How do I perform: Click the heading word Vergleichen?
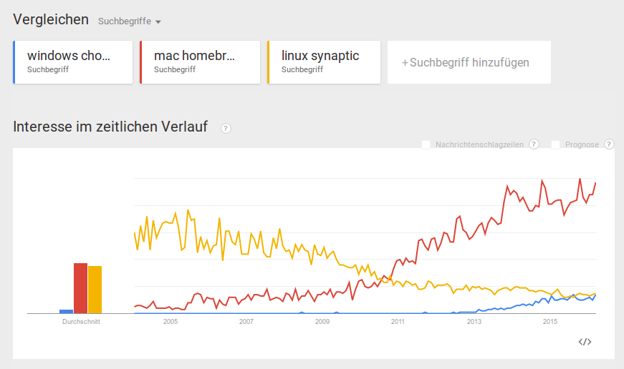pyautogui.click(x=51, y=19)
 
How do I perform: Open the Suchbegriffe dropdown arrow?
pyautogui.click(x=158, y=21)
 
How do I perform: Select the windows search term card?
pyautogui.click(x=73, y=62)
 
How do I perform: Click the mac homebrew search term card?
pyautogui.click(x=200, y=62)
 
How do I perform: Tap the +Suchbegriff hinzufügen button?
pyautogui.click(x=469, y=62)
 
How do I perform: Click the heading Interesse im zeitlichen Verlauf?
pyautogui.click(x=110, y=127)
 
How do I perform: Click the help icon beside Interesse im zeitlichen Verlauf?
pyautogui.click(x=226, y=128)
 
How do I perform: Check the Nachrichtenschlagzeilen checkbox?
pyautogui.click(x=426, y=144)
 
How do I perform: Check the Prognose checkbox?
pyautogui.click(x=555, y=144)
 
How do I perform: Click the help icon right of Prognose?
pyautogui.click(x=609, y=144)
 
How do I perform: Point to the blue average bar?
pyautogui.click(x=66, y=311)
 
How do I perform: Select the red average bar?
pyautogui.click(x=80, y=288)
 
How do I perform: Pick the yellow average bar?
pyautogui.click(x=95, y=290)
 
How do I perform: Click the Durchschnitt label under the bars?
pyautogui.click(x=80, y=322)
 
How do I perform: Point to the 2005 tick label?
pyautogui.click(x=171, y=322)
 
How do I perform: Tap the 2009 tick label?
pyautogui.click(x=322, y=322)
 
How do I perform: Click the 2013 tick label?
pyautogui.click(x=474, y=322)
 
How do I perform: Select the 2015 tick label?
pyautogui.click(x=550, y=322)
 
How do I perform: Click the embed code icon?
pyautogui.click(x=585, y=342)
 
